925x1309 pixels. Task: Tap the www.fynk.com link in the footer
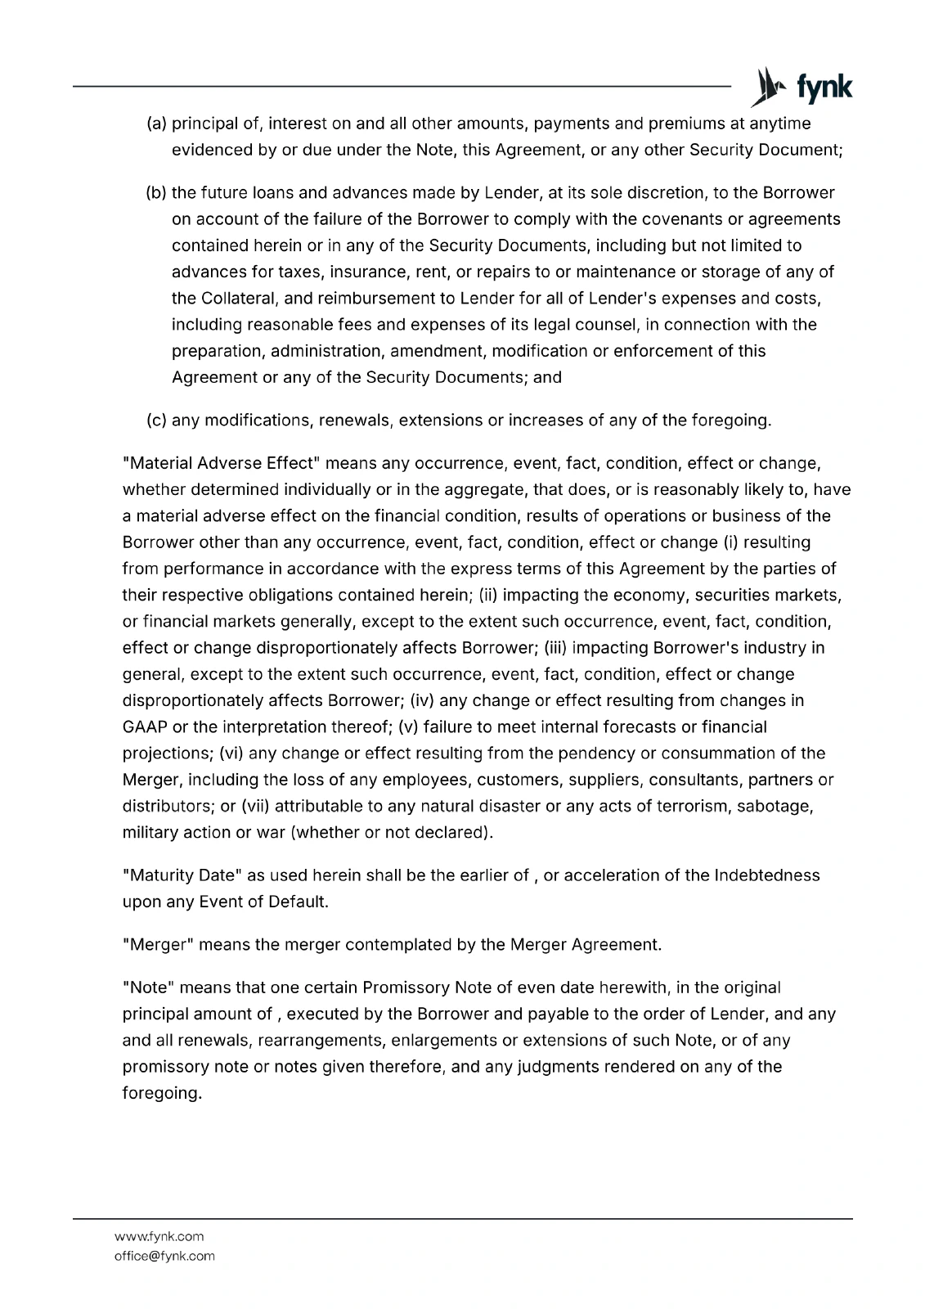159,1236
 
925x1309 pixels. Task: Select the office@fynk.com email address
164,1256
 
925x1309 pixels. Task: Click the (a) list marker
156,124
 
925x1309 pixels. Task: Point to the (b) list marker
156,193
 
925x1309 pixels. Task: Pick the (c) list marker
156,421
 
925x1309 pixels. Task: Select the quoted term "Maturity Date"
182,875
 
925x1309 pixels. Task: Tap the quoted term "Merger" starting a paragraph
158,945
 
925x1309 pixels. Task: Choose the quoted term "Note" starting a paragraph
148,987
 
